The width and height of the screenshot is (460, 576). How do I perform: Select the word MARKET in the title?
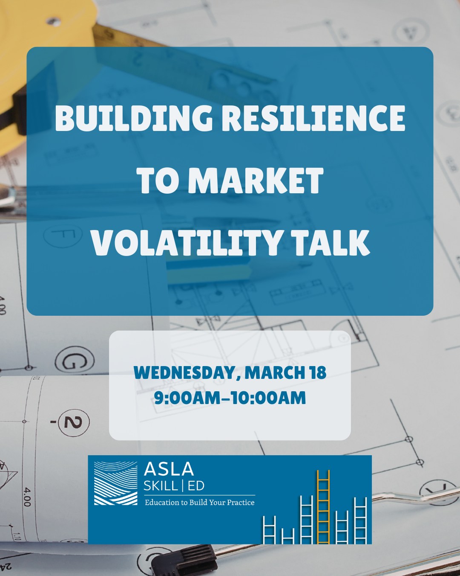click(x=256, y=180)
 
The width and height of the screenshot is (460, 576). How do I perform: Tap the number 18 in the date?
click(x=318, y=372)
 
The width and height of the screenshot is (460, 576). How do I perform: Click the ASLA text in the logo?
click(x=169, y=469)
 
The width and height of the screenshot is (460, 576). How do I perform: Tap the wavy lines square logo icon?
click(x=115, y=483)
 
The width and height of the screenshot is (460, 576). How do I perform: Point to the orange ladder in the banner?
click(x=323, y=506)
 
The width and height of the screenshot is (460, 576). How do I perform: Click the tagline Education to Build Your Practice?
click(x=199, y=503)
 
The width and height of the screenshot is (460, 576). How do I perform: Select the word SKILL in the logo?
click(x=161, y=486)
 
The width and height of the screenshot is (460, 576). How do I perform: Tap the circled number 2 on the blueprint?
click(x=73, y=422)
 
